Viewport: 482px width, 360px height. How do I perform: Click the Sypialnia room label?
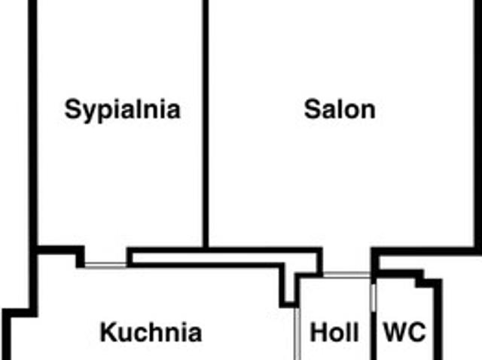[122, 110]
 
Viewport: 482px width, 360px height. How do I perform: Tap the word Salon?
[340, 109]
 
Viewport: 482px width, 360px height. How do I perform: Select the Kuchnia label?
[151, 332]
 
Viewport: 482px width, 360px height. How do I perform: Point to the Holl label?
[334, 332]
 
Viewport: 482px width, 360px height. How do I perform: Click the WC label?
[405, 332]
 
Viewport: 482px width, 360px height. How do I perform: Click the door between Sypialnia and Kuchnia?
[105, 265]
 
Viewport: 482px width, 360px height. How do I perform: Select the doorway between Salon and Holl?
[346, 275]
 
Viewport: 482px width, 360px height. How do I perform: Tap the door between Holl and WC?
[374, 297]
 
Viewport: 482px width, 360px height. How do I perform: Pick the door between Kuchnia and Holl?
[297, 334]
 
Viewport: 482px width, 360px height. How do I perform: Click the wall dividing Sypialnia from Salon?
[206, 123]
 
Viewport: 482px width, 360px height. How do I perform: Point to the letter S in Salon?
[312, 109]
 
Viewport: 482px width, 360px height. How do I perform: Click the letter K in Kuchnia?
[109, 332]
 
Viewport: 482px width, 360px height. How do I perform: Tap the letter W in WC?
[395, 332]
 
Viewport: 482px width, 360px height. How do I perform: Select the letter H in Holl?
[319, 332]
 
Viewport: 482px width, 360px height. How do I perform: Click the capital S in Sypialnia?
[73, 109]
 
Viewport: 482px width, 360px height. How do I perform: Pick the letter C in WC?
[417, 332]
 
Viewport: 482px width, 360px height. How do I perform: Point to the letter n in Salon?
[368, 111]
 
